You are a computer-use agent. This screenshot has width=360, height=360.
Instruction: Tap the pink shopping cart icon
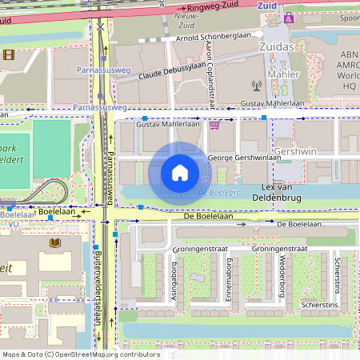coord(214,125)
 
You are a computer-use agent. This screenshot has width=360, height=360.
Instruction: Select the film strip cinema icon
coord(8,54)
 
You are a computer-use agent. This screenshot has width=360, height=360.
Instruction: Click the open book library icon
coord(55,242)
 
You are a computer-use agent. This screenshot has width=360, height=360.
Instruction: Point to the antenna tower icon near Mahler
coord(257,84)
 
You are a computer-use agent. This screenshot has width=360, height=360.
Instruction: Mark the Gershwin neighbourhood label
coord(296,151)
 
